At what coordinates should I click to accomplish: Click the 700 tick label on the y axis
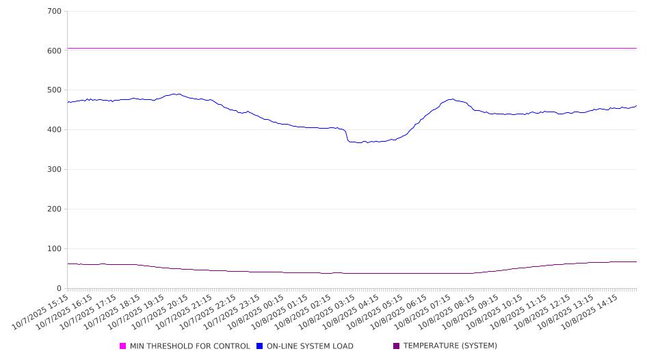click(54, 12)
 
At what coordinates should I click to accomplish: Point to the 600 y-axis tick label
click(54, 51)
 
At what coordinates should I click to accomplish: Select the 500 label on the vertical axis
click(54, 90)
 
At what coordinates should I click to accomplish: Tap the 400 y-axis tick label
click(54, 130)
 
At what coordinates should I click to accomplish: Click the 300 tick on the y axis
click(54, 170)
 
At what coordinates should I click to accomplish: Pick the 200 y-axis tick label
click(54, 209)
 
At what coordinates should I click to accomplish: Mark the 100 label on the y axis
click(54, 249)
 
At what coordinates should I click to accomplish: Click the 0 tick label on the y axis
click(60, 289)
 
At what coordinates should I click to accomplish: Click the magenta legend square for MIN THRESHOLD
click(123, 346)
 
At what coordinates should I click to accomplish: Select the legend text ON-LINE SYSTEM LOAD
click(310, 346)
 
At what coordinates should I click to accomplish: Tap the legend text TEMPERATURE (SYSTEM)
click(450, 346)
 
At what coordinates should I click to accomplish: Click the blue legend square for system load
click(260, 346)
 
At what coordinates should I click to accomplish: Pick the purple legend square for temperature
click(397, 346)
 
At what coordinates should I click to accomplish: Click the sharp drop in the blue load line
click(347, 136)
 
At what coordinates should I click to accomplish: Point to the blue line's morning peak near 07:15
click(451, 99)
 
